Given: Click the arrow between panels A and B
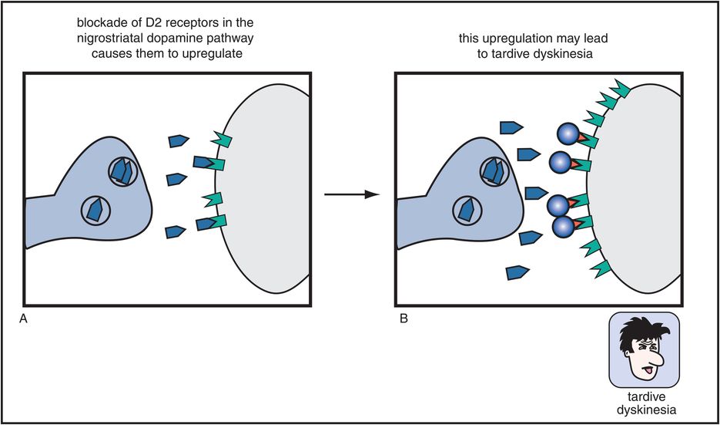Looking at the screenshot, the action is click(x=352, y=195).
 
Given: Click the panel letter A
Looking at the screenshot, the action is click(x=22, y=319).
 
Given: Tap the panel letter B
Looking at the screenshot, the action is click(x=404, y=319).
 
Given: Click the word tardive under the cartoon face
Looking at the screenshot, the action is click(x=645, y=398).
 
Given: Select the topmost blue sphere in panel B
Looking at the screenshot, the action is click(x=568, y=135).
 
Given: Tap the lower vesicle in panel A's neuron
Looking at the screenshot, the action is click(x=96, y=211).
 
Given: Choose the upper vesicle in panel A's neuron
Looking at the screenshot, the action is click(x=123, y=171).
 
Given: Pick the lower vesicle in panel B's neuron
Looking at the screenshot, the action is click(x=467, y=211).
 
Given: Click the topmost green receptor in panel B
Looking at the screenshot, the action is click(x=620, y=87).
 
